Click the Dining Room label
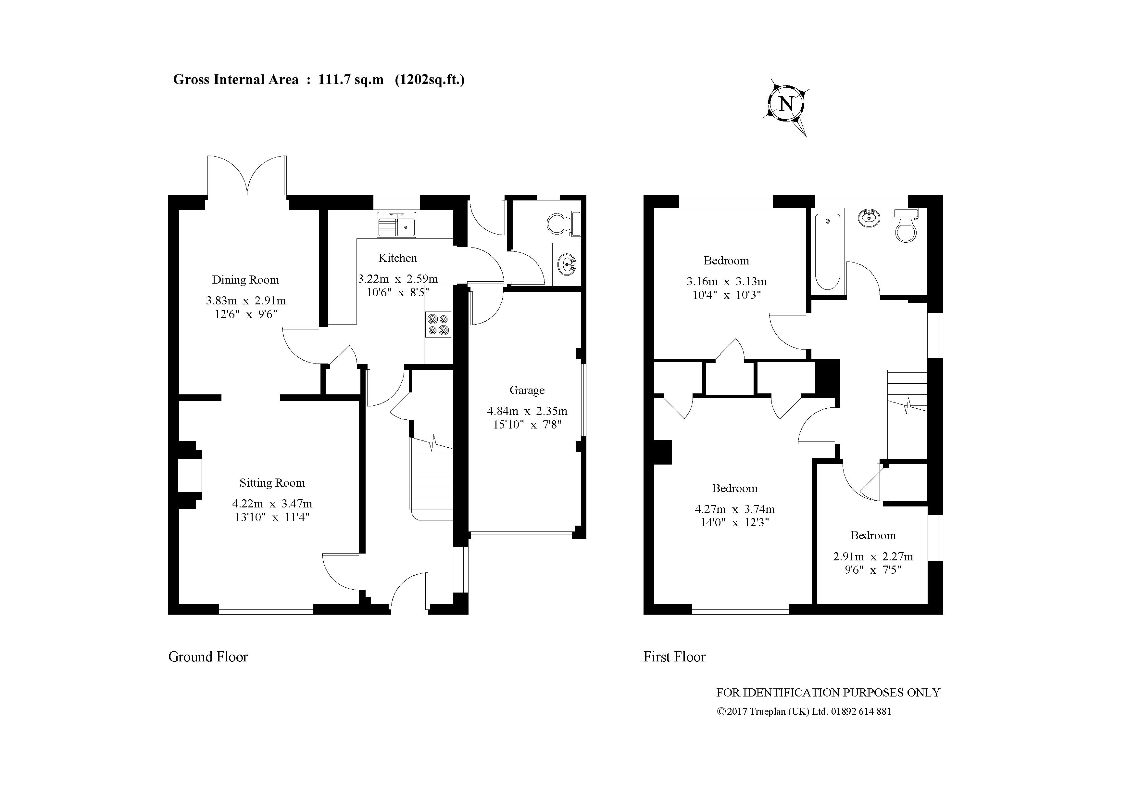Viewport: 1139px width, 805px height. coord(245,280)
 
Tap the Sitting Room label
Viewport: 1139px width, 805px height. coord(272,483)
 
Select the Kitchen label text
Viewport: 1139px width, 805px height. coord(397,258)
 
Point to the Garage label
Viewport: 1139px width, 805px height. coord(527,390)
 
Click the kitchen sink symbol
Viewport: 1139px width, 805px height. coord(397,224)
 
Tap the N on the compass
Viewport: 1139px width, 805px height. coord(786,105)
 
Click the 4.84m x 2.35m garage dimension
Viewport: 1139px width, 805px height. coord(527,411)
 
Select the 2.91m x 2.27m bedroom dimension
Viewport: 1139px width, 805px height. coord(873,557)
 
